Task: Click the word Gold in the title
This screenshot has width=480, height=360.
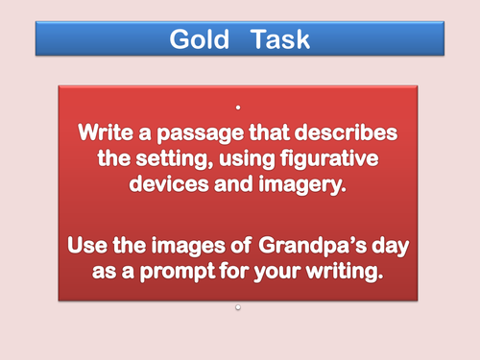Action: pyautogui.click(x=200, y=39)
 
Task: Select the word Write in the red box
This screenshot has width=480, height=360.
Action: pyautogui.click(x=110, y=131)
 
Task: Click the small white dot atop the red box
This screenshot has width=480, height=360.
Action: pyautogui.click(x=238, y=106)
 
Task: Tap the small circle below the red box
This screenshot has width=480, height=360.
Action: pyautogui.click(x=238, y=308)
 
